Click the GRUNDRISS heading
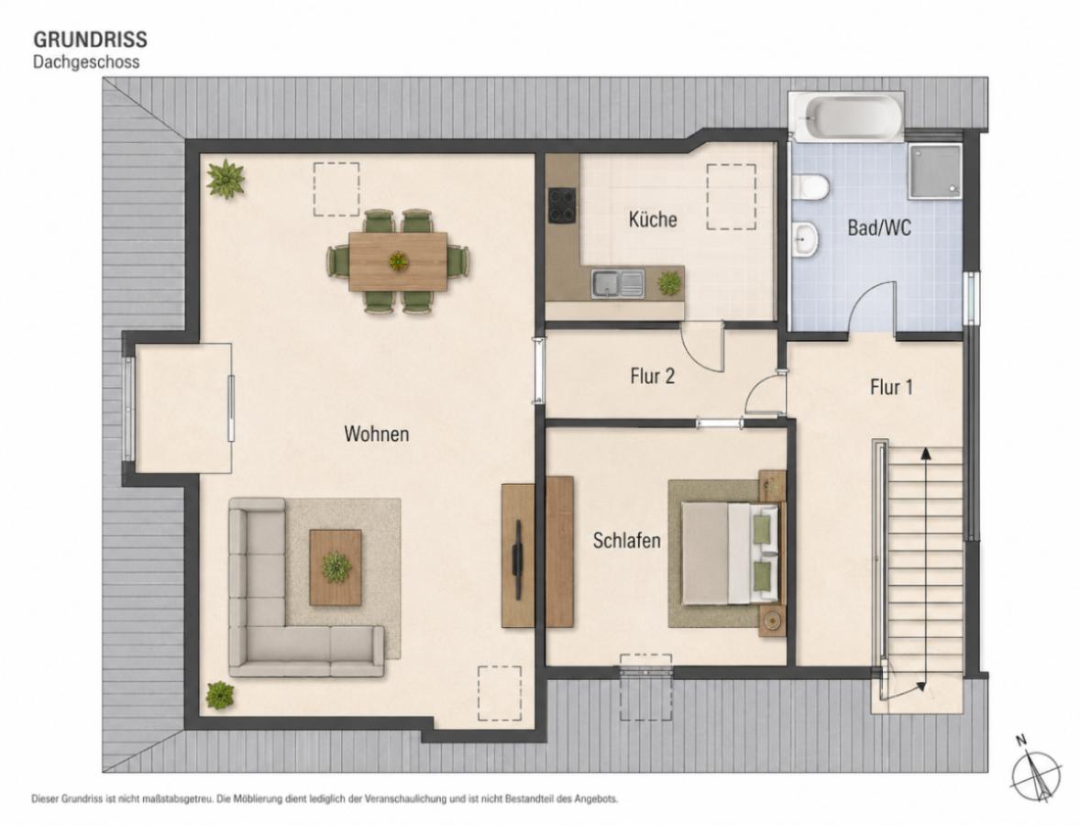[x=90, y=38]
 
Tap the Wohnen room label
[x=376, y=434]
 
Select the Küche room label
[x=652, y=219]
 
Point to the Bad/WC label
[x=879, y=227]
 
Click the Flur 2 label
[x=652, y=376]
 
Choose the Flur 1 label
[x=891, y=387]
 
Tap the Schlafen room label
[x=626, y=541]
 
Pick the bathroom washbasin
[x=805, y=239]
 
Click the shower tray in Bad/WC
[x=934, y=170]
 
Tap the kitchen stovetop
[x=564, y=205]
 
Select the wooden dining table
[x=398, y=261]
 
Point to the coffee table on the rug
[x=336, y=567]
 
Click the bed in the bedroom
[x=732, y=554]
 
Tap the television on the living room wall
[x=517, y=555]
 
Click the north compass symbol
[x=1035, y=771]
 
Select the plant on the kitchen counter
[x=668, y=282]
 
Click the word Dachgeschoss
[x=86, y=62]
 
